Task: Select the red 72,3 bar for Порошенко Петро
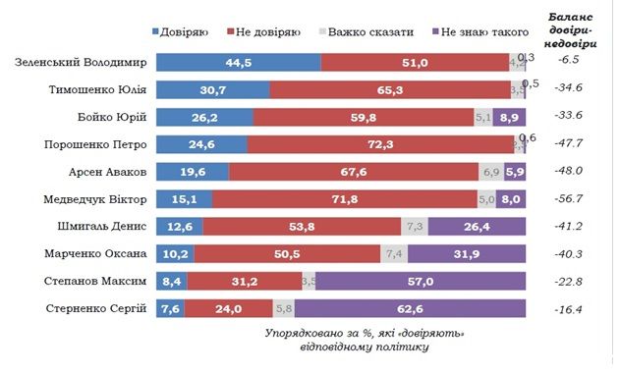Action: coord(377,145)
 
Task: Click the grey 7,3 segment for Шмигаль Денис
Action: coord(414,227)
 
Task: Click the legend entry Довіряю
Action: coord(181,32)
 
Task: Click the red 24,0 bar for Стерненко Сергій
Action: coord(227,309)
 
